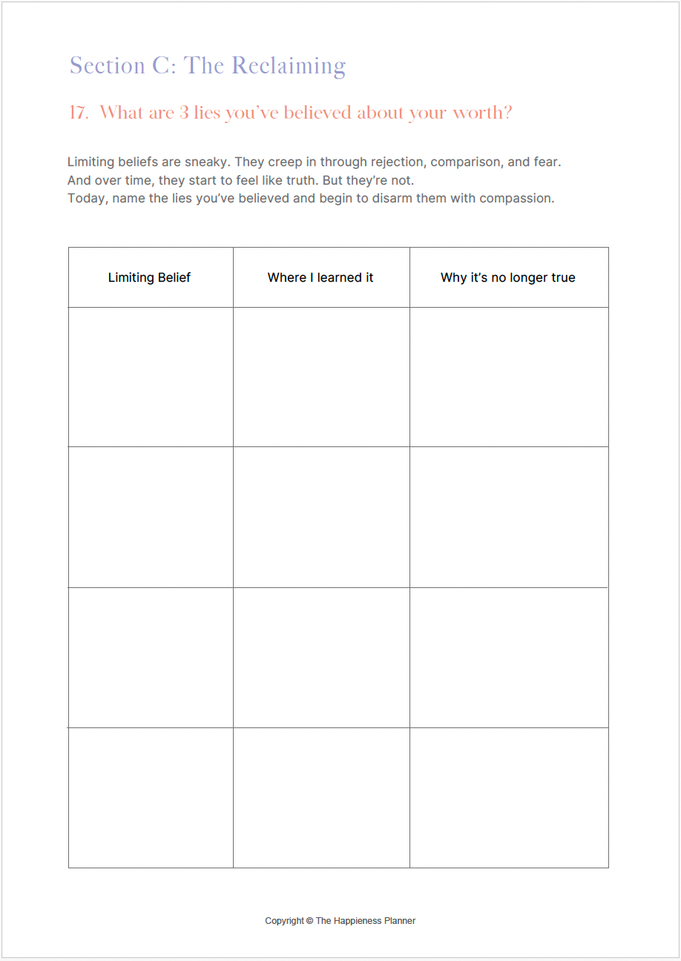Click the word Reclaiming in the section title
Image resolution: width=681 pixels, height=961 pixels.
click(x=289, y=67)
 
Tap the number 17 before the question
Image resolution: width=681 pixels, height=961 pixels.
click(x=77, y=113)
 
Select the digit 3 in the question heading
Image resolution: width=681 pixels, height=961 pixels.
click(x=184, y=113)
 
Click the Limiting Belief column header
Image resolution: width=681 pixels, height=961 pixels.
click(x=149, y=277)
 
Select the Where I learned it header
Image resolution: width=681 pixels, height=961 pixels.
click(x=320, y=277)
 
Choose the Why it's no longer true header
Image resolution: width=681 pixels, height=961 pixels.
click(x=508, y=277)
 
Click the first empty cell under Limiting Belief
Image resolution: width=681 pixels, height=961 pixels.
click(x=151, y=377)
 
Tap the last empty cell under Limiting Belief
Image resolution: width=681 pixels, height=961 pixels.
click(x=151, y=797)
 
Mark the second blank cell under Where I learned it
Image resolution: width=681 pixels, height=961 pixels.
click(x=321, y=517)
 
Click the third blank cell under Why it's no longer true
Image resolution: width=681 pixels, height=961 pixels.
click(x=509, y=657)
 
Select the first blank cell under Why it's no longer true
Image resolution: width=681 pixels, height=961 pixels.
click(x=509, y=377)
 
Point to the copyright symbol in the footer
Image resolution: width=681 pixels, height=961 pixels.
click(x=309, y=921)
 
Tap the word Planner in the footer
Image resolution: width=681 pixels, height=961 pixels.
click(x=401, y=921)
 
